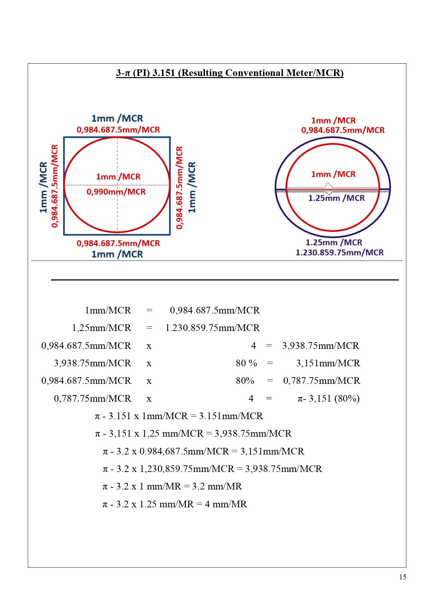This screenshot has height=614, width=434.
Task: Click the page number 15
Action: [x=403, y=577]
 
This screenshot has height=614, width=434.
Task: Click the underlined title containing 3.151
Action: [x=230, y=73]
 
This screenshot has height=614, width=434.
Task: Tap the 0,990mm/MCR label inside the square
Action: [x=116, y=192]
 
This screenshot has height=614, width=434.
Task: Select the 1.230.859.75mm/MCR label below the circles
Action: [x=340, y=253]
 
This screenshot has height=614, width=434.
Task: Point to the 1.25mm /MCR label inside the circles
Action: [x=336, y=198]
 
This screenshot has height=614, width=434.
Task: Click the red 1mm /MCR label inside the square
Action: [x=118, y=177]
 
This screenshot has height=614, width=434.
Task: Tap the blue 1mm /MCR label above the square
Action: [x=117, y=119]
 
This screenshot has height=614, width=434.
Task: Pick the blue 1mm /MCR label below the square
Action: [x=117, y=254]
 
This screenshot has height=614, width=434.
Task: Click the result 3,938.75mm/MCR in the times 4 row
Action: [x=321, y=346]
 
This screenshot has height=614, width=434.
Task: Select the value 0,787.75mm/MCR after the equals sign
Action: [x=321, y=381]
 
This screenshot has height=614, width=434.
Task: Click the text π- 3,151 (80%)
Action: [x=328, y=398]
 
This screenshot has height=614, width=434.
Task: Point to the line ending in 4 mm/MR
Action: [x=175, y=504]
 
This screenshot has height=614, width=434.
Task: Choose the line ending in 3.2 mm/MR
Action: [x=172, y=486]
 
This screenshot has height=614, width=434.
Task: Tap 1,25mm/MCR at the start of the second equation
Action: [x=101, y=328]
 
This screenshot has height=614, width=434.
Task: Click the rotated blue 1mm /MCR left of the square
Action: [x=43, y=187]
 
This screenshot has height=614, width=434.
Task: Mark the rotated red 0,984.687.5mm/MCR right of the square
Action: [x=179, y=188]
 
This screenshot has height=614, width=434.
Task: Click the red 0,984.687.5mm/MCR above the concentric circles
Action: [x=343, y=130]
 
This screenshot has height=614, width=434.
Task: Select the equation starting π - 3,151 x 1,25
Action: [x=193, y=433]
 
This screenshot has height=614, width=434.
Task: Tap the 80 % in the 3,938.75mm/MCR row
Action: [x=246, y=363]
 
